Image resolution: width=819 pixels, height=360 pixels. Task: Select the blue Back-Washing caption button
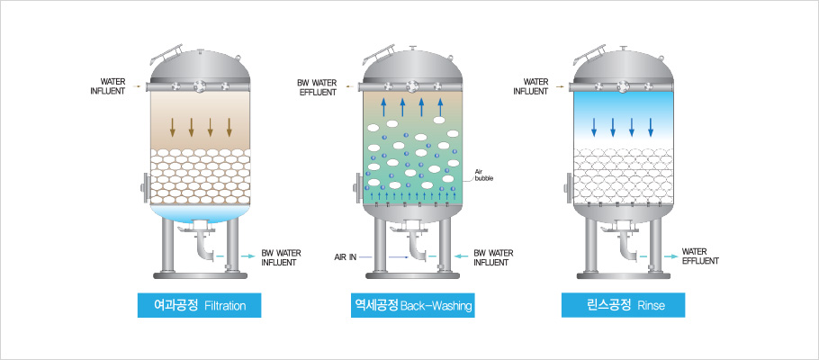click(413, 306)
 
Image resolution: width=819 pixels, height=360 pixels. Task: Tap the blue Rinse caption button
click(624, 306)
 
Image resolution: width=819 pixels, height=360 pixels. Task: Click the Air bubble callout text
click(484, 173)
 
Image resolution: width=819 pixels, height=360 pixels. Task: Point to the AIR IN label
click(346, 257)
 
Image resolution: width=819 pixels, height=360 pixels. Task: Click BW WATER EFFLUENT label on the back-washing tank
click(316, 86)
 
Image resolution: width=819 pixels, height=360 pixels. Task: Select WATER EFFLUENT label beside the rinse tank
click(699, 256)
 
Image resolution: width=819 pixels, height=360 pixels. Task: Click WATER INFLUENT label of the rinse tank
click(530, 86)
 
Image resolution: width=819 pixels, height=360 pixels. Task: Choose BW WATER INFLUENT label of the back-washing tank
click(492, 257)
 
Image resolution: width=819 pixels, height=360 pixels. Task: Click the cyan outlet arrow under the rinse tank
click(669, 256)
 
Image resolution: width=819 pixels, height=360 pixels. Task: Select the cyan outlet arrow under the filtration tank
click(246, 256)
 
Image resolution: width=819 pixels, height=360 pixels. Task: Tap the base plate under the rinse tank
click(624, 274)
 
